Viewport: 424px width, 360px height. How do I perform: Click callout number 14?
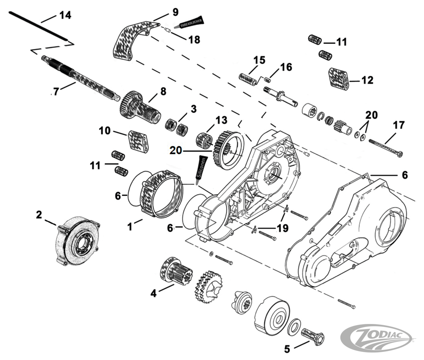65,15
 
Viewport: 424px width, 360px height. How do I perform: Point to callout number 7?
56,91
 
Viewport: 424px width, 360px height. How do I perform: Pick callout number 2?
39,215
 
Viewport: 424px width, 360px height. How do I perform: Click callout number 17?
398,125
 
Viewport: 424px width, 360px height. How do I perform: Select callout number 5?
287,349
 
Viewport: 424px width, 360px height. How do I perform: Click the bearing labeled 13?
205,140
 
